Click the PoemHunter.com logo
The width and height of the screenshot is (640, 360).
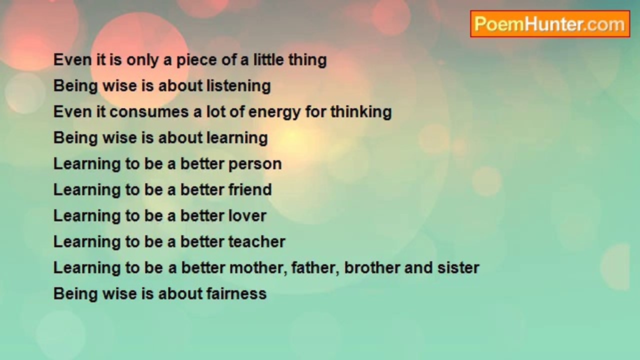pos(550,24)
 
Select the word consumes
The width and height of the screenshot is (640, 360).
pos(149,112)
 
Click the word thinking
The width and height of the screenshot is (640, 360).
pos(361,111)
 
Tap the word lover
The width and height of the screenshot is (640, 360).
pos(247,215)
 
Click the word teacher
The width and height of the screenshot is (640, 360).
pos(257,241)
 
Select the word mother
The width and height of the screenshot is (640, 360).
pos(258,268)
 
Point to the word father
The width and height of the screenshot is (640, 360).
pos(315,268)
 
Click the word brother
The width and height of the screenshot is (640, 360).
pos(372,268)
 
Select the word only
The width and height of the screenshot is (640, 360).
pos(142,60)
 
